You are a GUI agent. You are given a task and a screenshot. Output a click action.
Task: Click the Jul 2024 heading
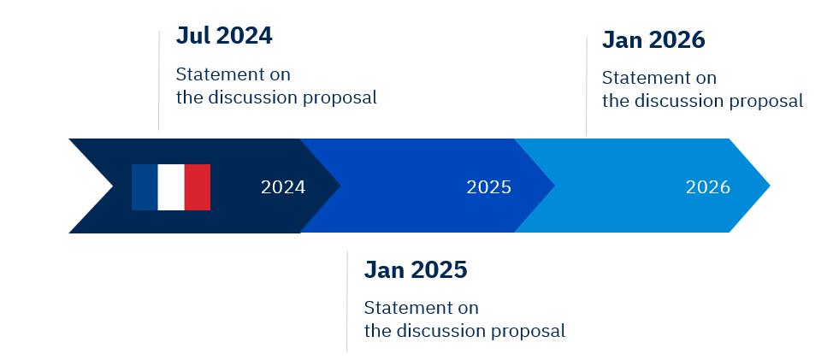(224, 36)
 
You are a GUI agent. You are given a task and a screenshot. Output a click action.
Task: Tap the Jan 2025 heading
(416, 269)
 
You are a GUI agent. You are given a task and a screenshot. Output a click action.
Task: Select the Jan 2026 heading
(653, 39)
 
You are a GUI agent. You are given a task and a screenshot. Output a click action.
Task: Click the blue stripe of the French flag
(145, 187)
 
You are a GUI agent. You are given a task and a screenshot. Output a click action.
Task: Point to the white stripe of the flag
(171, 187)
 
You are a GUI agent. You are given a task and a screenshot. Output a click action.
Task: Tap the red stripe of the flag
(198, 187)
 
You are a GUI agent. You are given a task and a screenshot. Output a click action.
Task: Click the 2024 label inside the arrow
(283, 187)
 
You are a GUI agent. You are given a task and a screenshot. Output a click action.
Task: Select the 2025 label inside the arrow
(489, 187)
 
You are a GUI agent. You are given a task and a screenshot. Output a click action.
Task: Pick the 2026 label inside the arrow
(708, 187)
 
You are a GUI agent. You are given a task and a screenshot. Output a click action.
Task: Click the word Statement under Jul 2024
(211, 74)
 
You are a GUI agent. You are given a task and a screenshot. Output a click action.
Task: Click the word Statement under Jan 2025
(399, 308)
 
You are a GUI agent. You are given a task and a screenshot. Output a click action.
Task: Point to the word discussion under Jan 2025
(441, 331)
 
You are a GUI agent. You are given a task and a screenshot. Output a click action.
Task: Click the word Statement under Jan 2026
(637, 78)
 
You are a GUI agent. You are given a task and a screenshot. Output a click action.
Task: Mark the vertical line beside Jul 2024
(159, 80)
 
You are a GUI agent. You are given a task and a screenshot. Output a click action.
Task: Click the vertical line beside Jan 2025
(346, 301)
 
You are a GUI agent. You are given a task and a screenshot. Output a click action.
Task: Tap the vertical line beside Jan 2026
(587, 86)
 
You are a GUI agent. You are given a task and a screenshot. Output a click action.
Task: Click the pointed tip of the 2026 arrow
(770, 186)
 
